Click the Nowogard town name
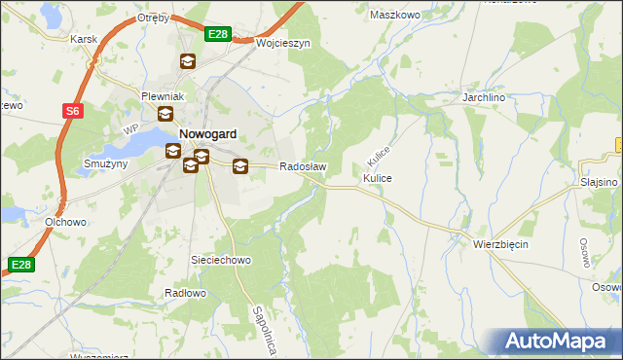coord(208,134)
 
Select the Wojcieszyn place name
coord(283,44)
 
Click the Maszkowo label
coord(394,15)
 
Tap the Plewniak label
coord(162,96)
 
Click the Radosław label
coord(303,166)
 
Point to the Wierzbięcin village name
coord(500,244)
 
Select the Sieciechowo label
coord(220,261)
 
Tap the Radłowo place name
coord(185,293)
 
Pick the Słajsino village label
coord(600,182)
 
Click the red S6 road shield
coord(73,111)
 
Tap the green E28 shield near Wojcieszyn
coord(218,34)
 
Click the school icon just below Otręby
coord(187,61)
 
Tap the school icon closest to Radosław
coord(239,166)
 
